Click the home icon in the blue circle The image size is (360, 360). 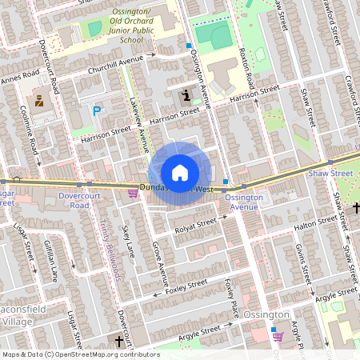(x=179, y=172)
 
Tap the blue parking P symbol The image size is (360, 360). (x=97, y=111)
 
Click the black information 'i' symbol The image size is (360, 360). (x=186, y=97)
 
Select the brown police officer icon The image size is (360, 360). (x=38, y=101)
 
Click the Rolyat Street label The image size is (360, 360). (x=195, y=224)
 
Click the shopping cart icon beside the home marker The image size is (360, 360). (x=133, y=193)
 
